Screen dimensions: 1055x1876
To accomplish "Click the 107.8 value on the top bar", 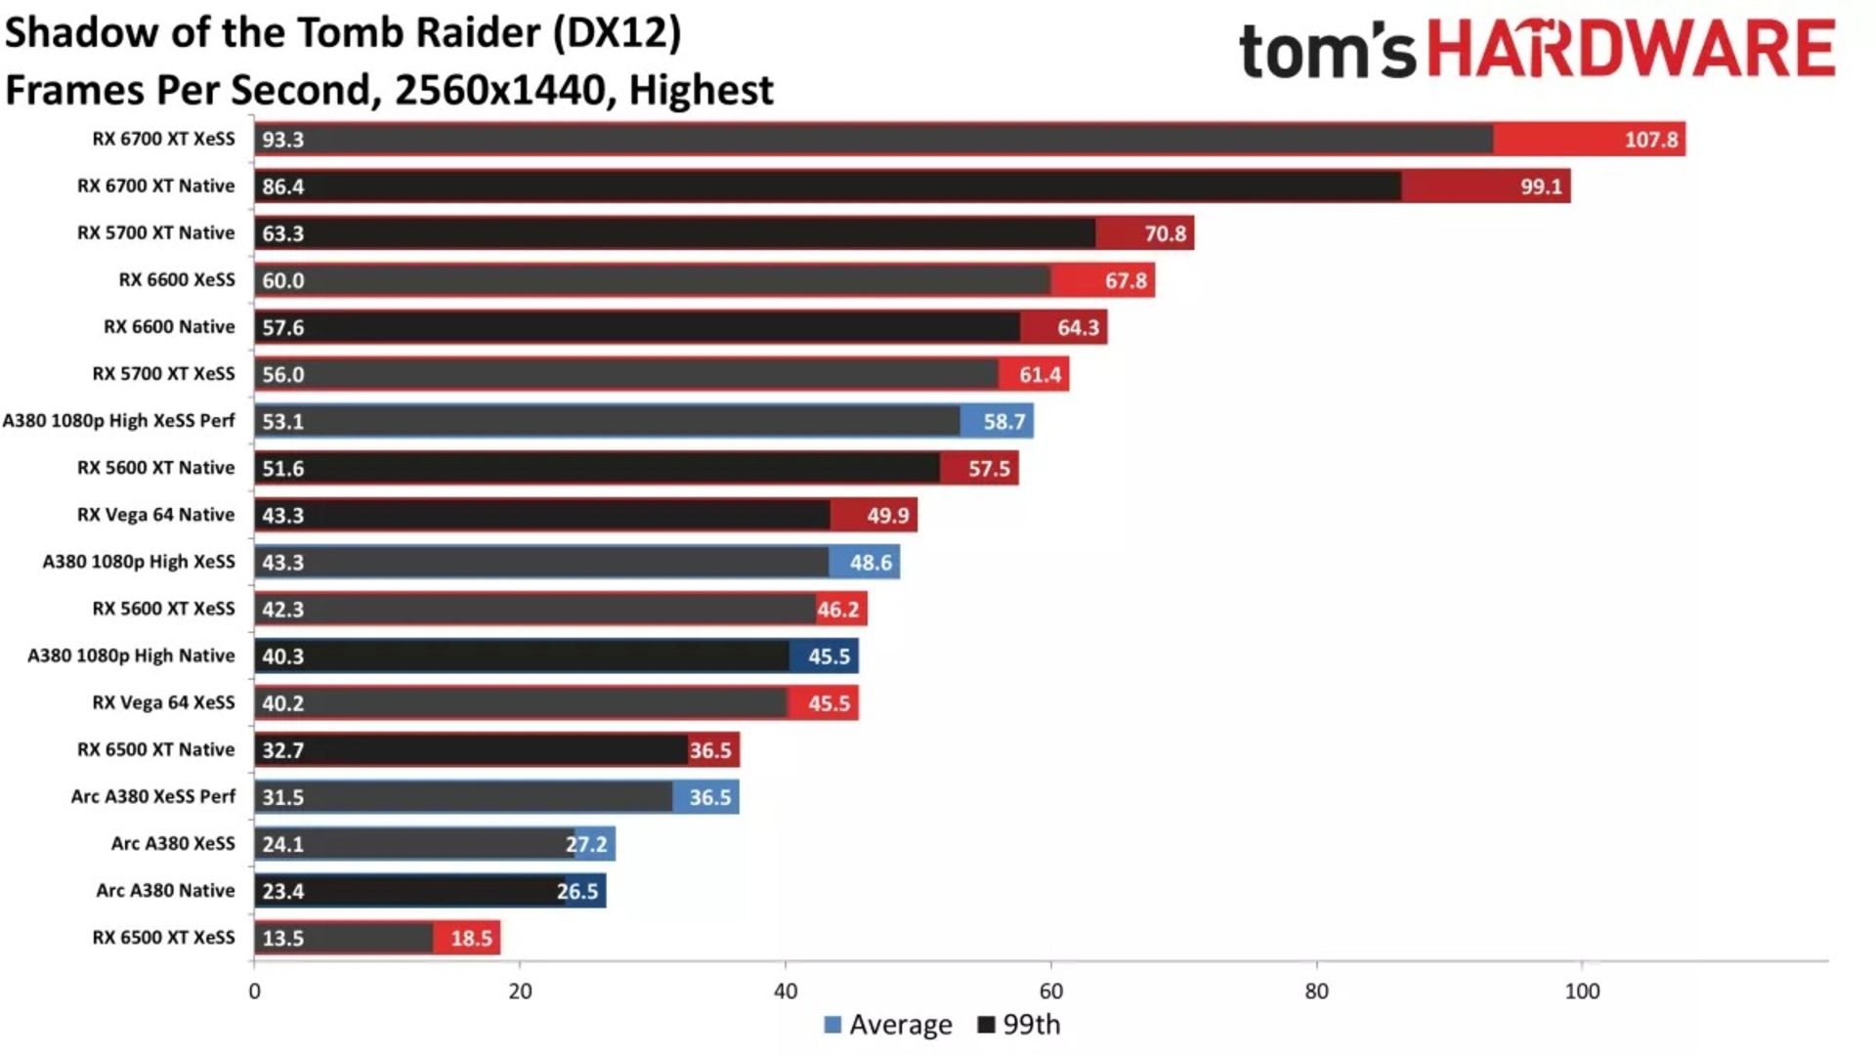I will coord(1650,140).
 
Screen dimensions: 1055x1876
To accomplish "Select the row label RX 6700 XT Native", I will coord(155,186).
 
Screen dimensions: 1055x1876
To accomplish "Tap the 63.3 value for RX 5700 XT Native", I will coord(282,233).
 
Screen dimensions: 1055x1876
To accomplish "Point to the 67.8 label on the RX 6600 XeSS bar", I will coord(1126,280).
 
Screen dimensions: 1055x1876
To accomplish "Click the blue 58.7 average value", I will coord(1003,421).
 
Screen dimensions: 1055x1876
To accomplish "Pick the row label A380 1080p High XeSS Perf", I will coord(118,420).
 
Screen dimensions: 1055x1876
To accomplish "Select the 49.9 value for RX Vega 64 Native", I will coord(887,515).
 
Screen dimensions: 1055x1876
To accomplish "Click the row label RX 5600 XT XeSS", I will coord(163,609).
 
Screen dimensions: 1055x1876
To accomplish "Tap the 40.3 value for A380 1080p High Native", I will coord(282,656).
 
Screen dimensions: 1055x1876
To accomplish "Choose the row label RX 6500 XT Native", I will coord(155,749).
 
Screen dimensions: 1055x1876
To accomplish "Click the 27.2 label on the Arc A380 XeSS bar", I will coord(586,844).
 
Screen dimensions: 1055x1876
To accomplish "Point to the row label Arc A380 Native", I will coord(165,890).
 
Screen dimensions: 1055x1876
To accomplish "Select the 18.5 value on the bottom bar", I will coord(471,938).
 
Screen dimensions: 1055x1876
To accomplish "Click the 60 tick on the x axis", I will coord(1050,991).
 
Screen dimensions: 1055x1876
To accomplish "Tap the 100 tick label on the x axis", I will coord(1582,991).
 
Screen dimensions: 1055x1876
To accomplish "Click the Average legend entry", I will coord(888,1025).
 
